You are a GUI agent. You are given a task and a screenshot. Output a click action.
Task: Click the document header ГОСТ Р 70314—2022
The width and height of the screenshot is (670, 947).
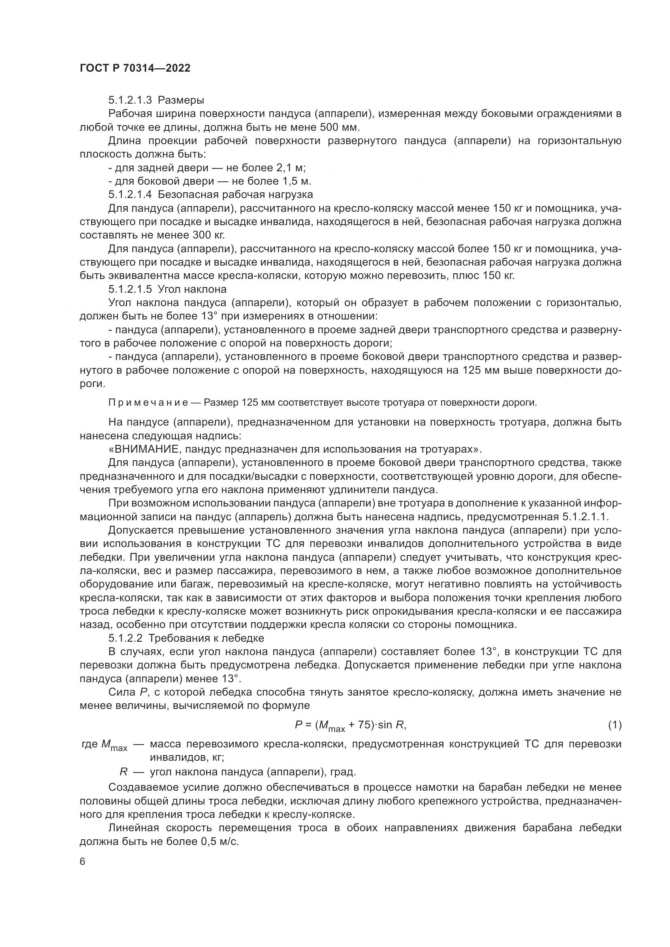[135, 68]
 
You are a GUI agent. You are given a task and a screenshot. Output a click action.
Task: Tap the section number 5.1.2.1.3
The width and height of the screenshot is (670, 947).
[130, 100]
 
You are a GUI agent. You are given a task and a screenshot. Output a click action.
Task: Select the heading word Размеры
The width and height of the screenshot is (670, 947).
[181, 100]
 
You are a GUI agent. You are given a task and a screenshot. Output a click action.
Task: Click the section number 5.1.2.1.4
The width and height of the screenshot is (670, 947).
[130, 194]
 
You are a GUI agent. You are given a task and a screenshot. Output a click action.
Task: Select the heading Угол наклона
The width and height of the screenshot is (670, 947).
[192, 289]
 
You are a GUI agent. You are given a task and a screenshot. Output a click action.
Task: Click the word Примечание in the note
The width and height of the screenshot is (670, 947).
[149, 402]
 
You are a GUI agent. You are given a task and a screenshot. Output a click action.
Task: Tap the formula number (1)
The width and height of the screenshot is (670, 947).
[615, 725]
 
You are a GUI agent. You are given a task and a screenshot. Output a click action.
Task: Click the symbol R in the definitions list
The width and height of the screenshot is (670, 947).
[124, 772]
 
